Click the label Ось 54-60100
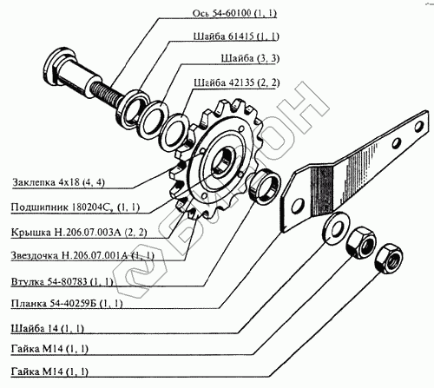click(234, 13)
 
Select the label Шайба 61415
click(236, 36)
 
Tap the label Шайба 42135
click(237, 82)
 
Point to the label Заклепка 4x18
click(58, 182)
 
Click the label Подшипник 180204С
click(76, 207)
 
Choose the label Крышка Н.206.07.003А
click(79, 233)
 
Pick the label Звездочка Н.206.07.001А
click(82, 256)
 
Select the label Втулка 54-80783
click(62, 281)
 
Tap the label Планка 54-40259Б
click(67, 304)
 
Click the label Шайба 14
click(48, 329)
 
